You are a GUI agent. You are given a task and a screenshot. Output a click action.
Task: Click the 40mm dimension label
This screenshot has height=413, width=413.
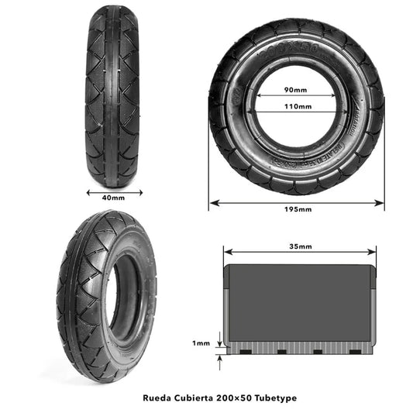click(112, 198)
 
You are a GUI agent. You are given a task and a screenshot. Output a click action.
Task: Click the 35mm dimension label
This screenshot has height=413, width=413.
click(299, 246)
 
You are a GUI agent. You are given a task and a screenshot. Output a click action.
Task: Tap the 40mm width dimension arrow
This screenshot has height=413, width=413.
click(112, 191)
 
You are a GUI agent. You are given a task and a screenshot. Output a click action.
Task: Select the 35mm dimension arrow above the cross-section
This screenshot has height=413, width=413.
click(299, 253)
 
